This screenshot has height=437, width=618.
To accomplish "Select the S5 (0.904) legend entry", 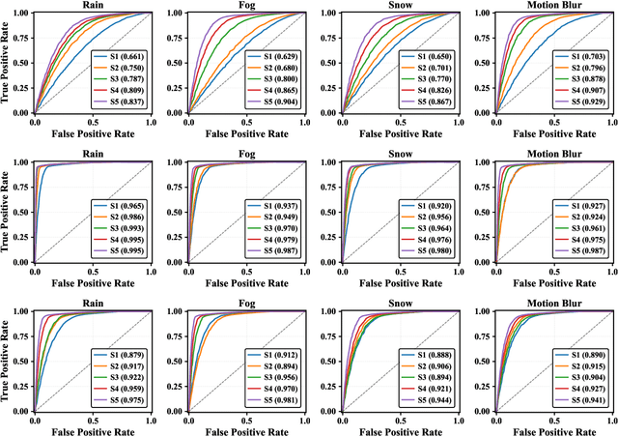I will (x=277, y=102).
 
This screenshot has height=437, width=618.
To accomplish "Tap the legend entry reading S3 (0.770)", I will (x=432, y=79).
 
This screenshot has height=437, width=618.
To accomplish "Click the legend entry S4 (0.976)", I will (x=432, y=240).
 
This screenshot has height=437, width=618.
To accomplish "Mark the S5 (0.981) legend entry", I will (x=277, y=398).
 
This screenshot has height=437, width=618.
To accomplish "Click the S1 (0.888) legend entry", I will (x=432, y=355).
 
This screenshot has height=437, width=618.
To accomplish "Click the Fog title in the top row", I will (x=247, y=6).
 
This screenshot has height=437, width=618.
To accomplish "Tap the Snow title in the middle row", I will (x=402, y=155).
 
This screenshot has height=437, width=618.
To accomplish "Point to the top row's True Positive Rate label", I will (x=6, y=63).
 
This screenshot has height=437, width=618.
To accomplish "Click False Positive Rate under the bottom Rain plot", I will (x=94, y=430).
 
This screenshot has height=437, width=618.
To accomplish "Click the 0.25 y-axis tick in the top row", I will (x=16, y=88).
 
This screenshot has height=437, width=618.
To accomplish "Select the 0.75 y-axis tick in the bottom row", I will (x=16, y=335).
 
